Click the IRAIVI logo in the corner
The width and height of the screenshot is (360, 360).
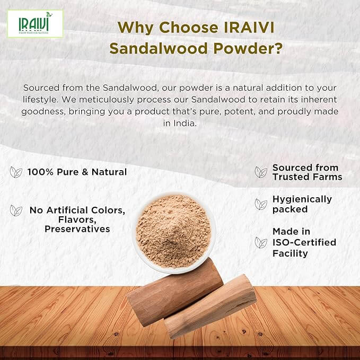coord(35,24)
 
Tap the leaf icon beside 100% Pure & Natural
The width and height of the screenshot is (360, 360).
coord(16,172)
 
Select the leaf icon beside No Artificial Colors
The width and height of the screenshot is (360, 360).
coord(16,210)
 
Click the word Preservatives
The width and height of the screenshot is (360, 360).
coord(77,229)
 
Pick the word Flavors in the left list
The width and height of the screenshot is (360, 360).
coord(77,219)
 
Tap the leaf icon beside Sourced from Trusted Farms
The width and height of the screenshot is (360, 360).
coord(261,172)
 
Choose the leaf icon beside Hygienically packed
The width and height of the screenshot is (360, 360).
coord(261,204)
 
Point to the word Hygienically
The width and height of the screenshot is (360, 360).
coord(302,199)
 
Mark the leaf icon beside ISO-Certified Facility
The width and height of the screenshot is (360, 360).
coord(261,242)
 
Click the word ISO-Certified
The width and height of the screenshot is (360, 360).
coord(304,242)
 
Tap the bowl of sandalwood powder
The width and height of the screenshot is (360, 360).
coord(173,232)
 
